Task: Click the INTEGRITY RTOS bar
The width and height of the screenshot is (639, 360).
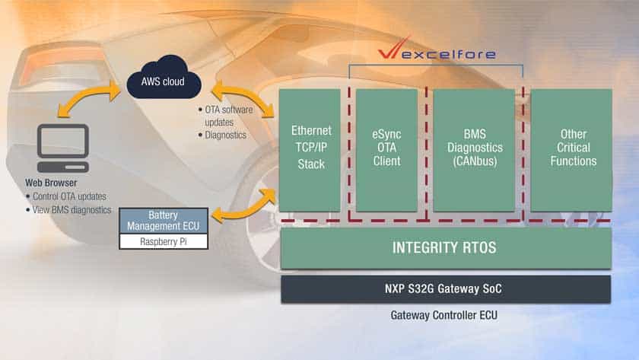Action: (x=445, y=247)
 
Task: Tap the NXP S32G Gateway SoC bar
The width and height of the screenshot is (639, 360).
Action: (x=445, y=289)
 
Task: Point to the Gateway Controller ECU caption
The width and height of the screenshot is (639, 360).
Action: (x=445, y=314)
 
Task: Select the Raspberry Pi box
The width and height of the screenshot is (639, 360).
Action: (x=163, y=241)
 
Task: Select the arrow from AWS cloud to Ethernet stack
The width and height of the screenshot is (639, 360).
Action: (x=243, y=97)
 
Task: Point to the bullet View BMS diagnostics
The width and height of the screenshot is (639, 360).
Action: (x=71, y=209)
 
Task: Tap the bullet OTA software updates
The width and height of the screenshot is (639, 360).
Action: (x=229, y=116)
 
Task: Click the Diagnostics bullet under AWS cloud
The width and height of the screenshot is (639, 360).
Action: (x=225, y=135)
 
